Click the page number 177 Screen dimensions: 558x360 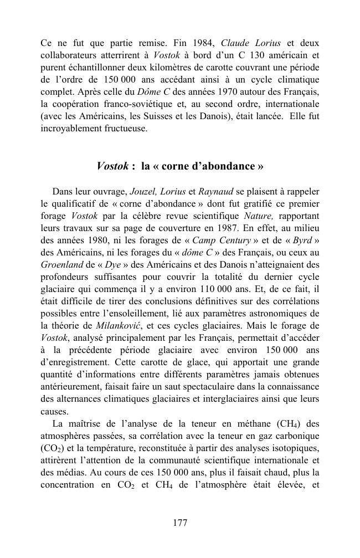point(180,523)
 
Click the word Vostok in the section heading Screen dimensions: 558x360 point(114,166)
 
